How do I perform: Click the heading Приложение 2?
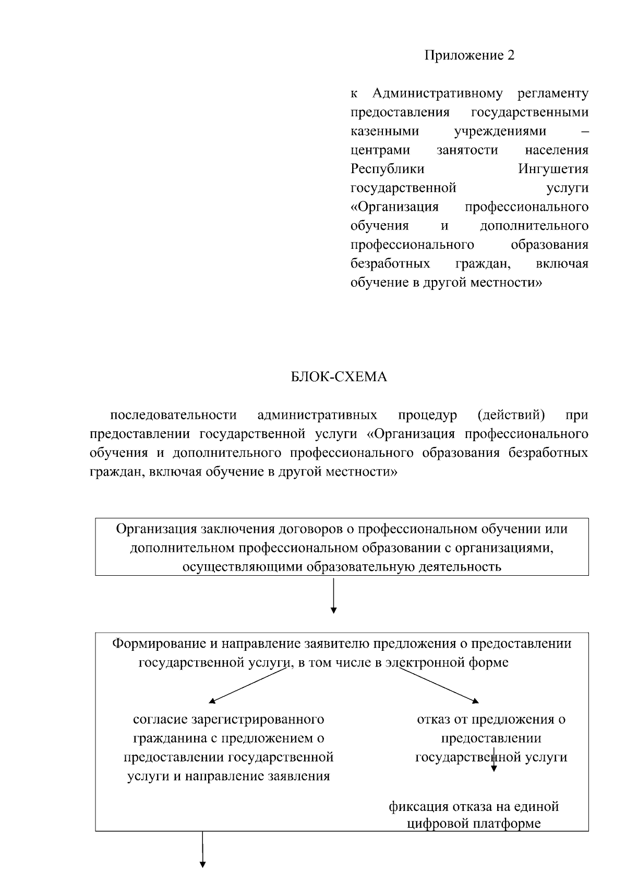click(469, 55)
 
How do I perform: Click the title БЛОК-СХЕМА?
click(339, 377)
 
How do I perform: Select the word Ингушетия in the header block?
click(553, 169)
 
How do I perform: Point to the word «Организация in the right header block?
click(394, 207)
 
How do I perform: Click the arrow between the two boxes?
click(333, 595)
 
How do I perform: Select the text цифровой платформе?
click(473, 823)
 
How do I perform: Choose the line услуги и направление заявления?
click(228, 776)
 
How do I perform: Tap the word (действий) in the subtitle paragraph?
click(511, 415)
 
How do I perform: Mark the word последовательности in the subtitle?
click(173, 415)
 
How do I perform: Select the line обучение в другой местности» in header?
click(447, 283)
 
